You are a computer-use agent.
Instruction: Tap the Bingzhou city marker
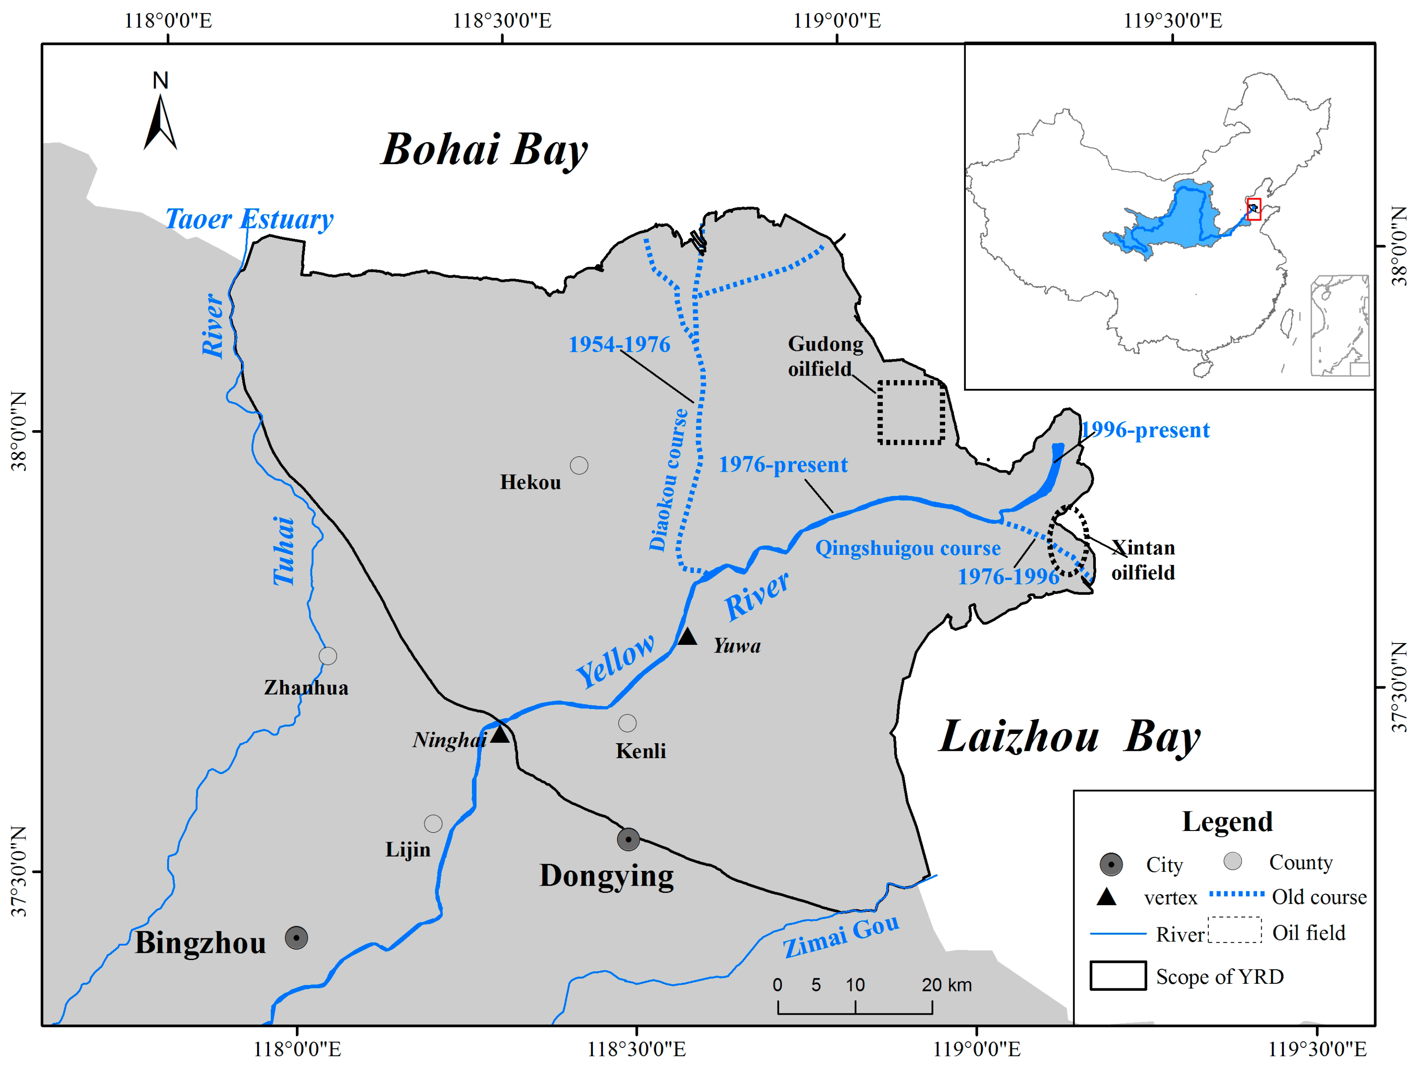(296, 938)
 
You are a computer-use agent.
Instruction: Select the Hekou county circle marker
(579, 465)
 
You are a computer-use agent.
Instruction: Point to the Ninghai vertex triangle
(500, 734)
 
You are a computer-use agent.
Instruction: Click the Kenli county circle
(627, 723)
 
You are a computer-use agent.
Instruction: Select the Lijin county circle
(433, 823)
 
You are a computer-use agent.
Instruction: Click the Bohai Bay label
(484, 149)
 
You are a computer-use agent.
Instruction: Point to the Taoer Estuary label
(249, 219)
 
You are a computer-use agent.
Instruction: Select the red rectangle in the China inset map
(1254, 209)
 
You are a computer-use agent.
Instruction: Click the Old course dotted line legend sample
(1236, 894)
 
